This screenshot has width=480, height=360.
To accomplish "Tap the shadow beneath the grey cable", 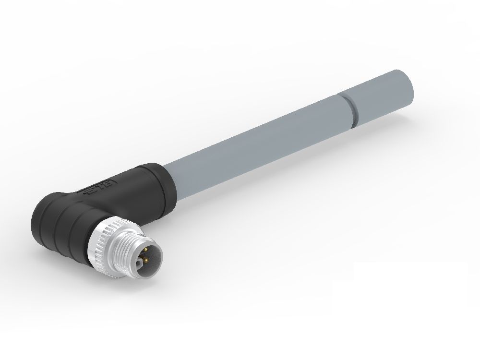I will point(288,158).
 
